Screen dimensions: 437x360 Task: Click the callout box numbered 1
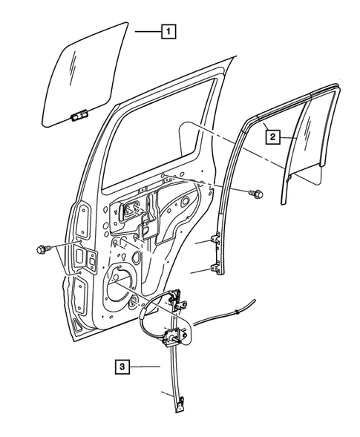(x=170, y=31)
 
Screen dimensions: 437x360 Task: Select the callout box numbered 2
(x=273, y=137)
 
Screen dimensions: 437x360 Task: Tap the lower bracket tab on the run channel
(x=216, y=269)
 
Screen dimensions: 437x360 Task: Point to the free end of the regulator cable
(x=253, y=300)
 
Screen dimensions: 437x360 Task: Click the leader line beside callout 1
(x=146, y=31)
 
